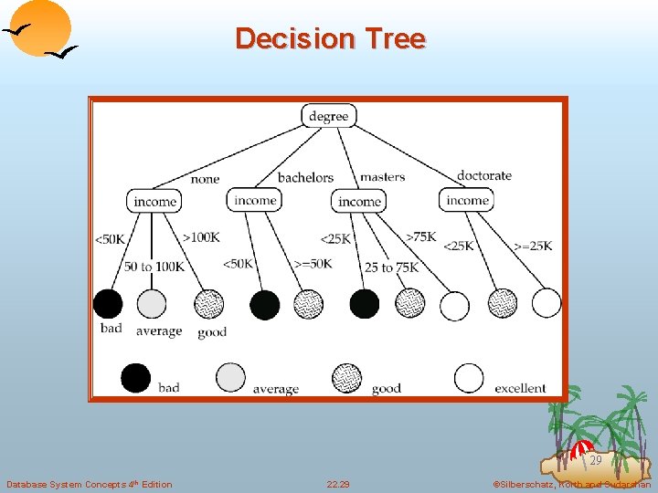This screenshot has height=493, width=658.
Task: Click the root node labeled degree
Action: [329, 116]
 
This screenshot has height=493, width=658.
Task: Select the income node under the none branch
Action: [154, 202]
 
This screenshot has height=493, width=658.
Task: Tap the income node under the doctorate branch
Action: [467, 201]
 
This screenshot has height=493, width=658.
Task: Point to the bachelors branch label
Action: [305, 177]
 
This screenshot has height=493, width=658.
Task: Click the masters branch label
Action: [382, 177]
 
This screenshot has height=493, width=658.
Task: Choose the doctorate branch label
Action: [483, 175]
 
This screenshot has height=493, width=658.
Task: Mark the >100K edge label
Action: [201, 237]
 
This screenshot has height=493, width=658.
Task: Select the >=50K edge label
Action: [312, 264]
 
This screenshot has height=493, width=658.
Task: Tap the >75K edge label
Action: [421, 237]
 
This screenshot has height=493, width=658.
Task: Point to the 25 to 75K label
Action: [391, 267]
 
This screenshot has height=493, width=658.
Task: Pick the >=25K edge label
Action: [533, 246]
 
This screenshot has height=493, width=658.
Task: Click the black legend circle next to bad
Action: [136, 377]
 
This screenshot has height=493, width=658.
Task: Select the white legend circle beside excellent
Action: [469, 377]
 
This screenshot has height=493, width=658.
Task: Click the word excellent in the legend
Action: [520, 388]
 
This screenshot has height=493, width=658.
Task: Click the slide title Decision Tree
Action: [330, 38]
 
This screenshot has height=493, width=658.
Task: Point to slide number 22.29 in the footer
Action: [338, 484]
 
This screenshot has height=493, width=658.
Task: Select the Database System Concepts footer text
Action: [89, 484]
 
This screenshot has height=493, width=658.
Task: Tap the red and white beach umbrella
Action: [581, 448]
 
